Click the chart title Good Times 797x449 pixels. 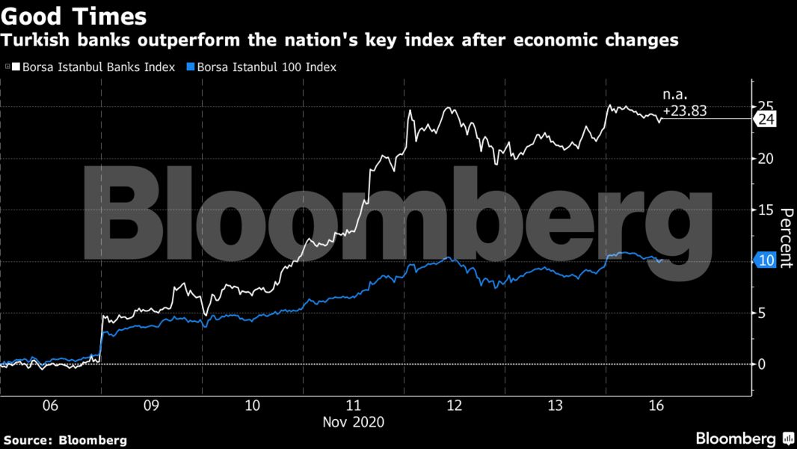[x=73, y=16]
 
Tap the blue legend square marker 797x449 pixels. [x=191, y=67]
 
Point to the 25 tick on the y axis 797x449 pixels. [x=764, y=106]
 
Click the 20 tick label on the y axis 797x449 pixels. [x=764, y=159]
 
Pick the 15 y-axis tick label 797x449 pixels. [x=764, y=210]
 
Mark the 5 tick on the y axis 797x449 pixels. [x=761, y=313]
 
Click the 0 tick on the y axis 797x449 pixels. [x=761, y=364]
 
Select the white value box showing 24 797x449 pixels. [x=766, y=119]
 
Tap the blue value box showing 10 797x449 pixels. [x=766, y=260]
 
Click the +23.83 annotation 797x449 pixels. [x=685, y=109]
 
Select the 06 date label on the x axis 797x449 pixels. [x=50, y=406]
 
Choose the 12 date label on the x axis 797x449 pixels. [x=454, y=406]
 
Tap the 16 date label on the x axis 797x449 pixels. [x=656, y=406]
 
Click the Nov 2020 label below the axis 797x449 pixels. [x=353, y=422]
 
